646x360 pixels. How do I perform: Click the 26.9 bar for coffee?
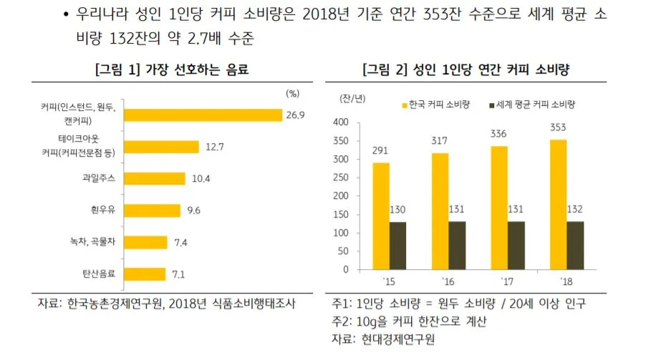click(x=203, y=115)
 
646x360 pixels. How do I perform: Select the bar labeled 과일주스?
click(x=155, y=178)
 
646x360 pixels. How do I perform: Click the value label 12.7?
click(x=215, y=147)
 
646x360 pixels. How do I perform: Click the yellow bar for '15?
click(x=381, y=215)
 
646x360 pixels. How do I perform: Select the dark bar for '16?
click(x=457, y=245)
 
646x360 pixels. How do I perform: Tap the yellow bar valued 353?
click(x=558, y=204)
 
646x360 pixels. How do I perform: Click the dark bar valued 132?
click(x=575, y=245)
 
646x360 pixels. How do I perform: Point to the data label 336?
click(x=498, y=134)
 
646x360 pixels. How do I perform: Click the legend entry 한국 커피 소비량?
click(x=435, y=104)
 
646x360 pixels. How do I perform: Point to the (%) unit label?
click(x=292, y=93)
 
